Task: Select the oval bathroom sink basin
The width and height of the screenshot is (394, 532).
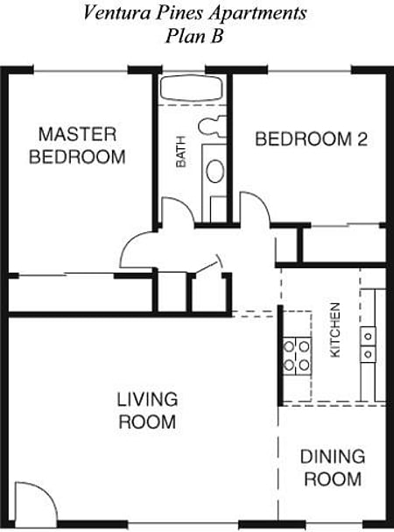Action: (x=215, y=170)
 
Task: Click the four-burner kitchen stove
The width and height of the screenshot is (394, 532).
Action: (x=297, y=355)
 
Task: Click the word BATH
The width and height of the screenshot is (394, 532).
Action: (x=181, y=156)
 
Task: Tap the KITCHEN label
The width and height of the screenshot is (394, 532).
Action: (x=334, y=330)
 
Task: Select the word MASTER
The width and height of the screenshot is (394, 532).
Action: (x=77, y=134)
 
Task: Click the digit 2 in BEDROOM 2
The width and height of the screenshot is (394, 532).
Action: (x=361, y=138)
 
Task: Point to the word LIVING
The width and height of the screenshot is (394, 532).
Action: (x=147, y=400)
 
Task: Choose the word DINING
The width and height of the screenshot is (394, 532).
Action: (x=332, y=457)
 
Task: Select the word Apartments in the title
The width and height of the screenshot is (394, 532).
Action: (x=257, y=14)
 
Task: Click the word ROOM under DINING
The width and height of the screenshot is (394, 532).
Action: (x=332, y=479)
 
